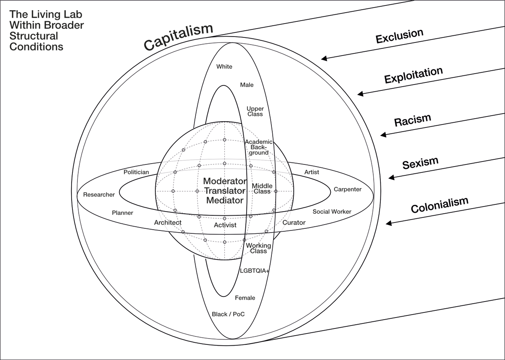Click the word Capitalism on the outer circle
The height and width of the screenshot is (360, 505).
[178, 37]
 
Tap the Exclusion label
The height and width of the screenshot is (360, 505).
[399, 36]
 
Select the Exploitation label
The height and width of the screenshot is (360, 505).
[413, 75]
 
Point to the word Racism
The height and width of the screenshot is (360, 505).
[412, 120]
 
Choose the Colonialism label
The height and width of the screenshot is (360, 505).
[439, 205]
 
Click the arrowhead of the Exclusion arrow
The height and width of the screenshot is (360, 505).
[323, 59]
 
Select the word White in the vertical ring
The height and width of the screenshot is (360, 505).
[224, 66]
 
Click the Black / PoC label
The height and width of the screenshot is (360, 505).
[229, 314]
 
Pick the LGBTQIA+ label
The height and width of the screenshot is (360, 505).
[254, 270]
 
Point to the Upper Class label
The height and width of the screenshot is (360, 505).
[255, 111]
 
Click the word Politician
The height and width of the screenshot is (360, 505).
[136, 172]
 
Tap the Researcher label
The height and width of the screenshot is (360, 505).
[99, 195]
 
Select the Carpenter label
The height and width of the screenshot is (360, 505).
[348, 189]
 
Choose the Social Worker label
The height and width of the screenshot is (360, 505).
[332, 212]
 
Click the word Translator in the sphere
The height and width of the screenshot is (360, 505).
[225, 191]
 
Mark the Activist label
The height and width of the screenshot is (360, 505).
[225, 225]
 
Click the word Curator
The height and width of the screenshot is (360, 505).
[294, 222]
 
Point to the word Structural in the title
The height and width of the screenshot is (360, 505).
[34, 36]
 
